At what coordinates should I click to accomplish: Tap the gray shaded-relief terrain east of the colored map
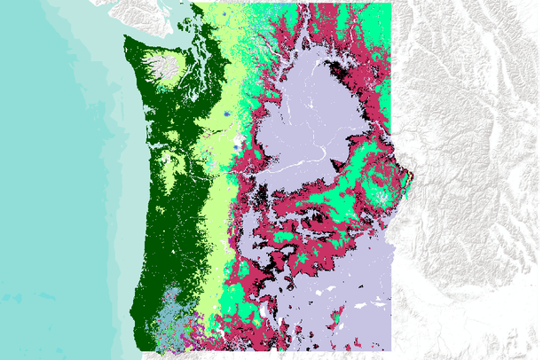click(470, 177)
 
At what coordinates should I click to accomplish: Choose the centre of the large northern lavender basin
click(311, 115)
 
